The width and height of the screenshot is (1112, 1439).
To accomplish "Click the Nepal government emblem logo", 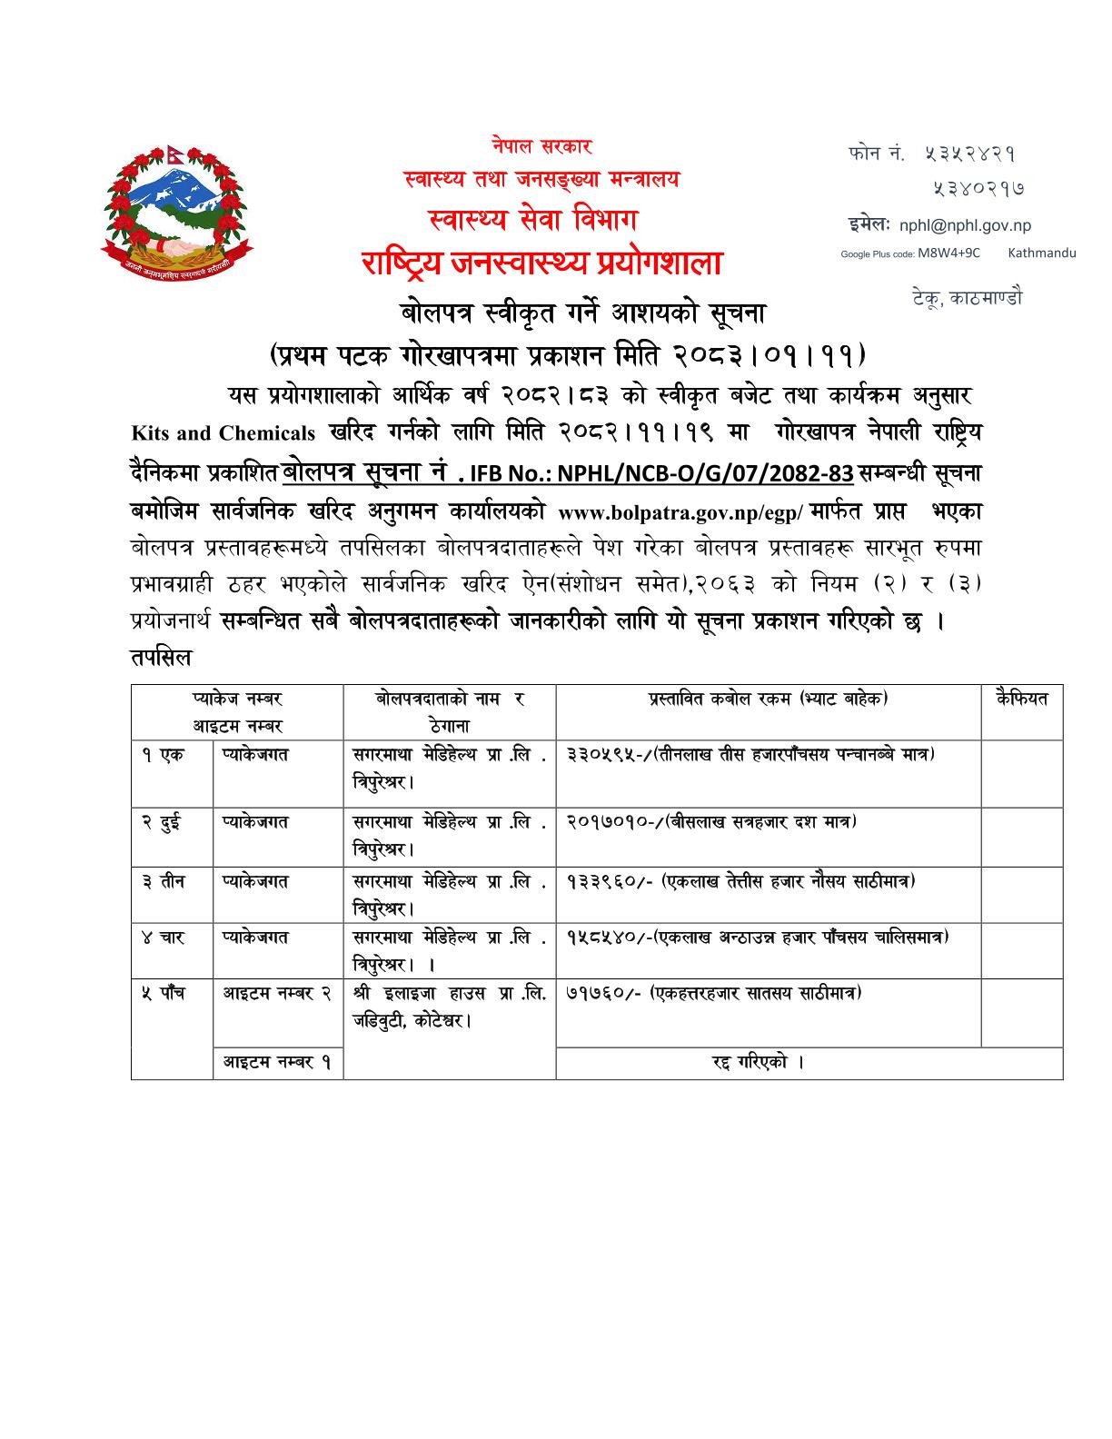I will pos(177,212).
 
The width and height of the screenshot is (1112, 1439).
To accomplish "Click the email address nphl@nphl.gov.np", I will pos(965,226).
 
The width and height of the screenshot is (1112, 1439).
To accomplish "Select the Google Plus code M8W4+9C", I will pos(948,253).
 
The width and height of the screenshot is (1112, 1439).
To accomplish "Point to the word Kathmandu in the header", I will pos(1041,253).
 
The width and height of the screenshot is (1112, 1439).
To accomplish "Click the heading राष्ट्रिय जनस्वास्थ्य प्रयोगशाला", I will pos(541,263).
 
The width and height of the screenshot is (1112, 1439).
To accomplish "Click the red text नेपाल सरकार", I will pos(542,145).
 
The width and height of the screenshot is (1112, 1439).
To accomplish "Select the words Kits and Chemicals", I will pos(223,433).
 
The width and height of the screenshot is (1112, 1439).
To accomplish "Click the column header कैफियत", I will pos(1021,699).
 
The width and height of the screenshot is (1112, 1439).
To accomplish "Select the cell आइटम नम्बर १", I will pos(277,1063).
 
